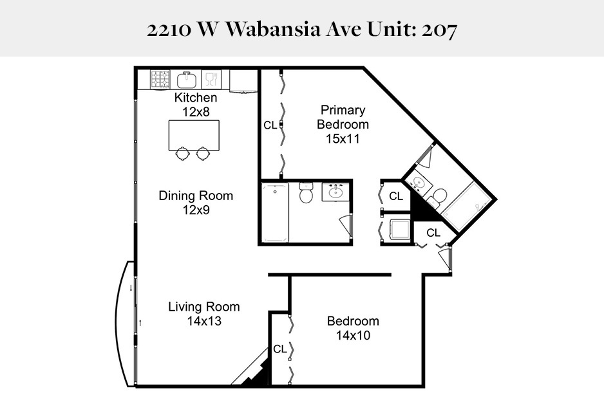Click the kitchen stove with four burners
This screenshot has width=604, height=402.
click(160, 79)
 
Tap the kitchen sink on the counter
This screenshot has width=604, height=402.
click(186, 80)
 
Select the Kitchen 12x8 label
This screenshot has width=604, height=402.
click(196, 104)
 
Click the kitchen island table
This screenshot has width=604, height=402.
click(193, 134)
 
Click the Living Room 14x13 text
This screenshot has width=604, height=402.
click(203, 313)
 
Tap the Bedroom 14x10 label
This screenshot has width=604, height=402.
click(352, 328)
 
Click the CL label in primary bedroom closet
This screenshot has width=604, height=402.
click(270, 125)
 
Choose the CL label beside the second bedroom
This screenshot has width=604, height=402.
click(279, 349)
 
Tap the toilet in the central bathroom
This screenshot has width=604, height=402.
click(306, 193)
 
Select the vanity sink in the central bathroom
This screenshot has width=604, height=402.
click(335, 192)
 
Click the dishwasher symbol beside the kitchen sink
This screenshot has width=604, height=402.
click(210, 79)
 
